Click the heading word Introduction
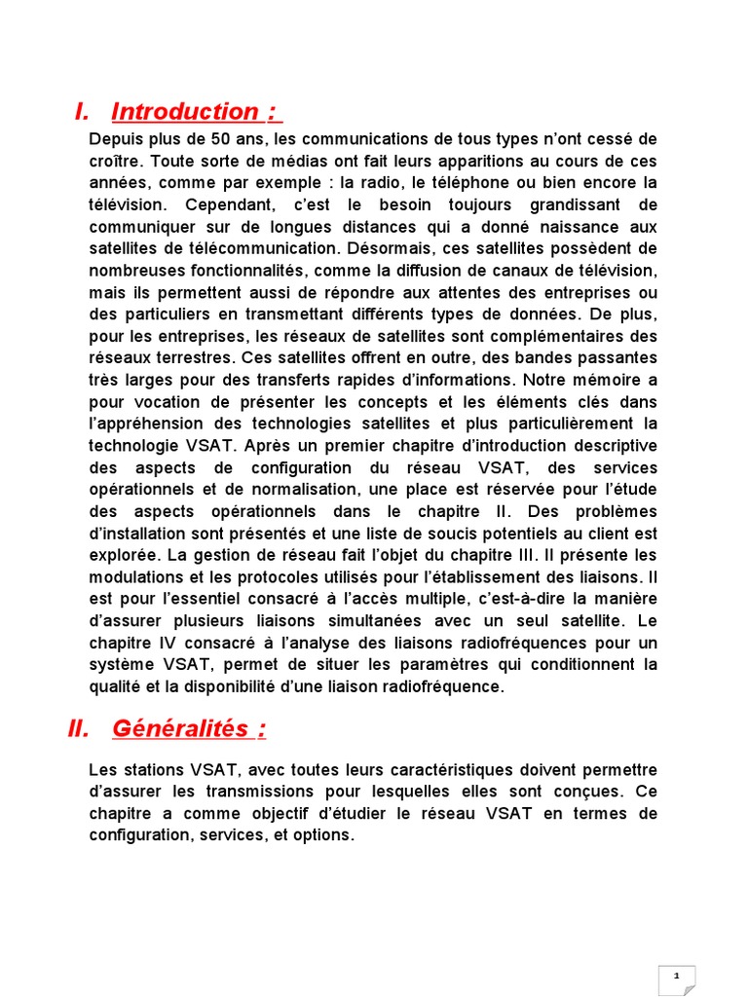pos(185,112)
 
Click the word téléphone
pos(474,182)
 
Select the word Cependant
pos(217,204)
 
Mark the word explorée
pos(123,555)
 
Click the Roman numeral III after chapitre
pos(538,555)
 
